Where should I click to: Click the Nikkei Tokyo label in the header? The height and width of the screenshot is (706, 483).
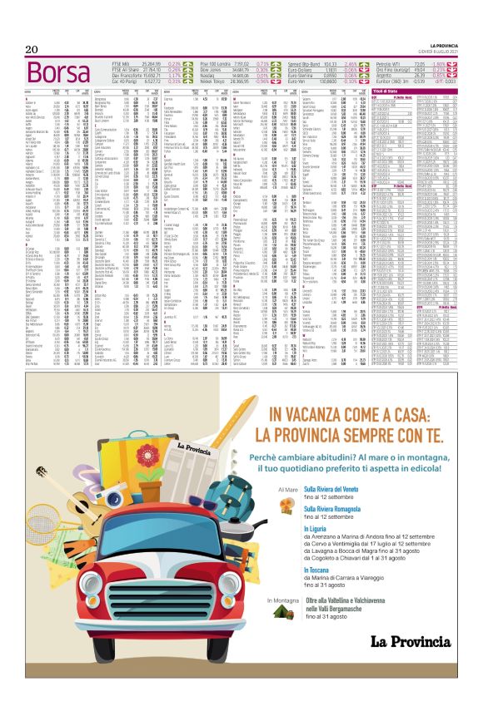tap(217, 81)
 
